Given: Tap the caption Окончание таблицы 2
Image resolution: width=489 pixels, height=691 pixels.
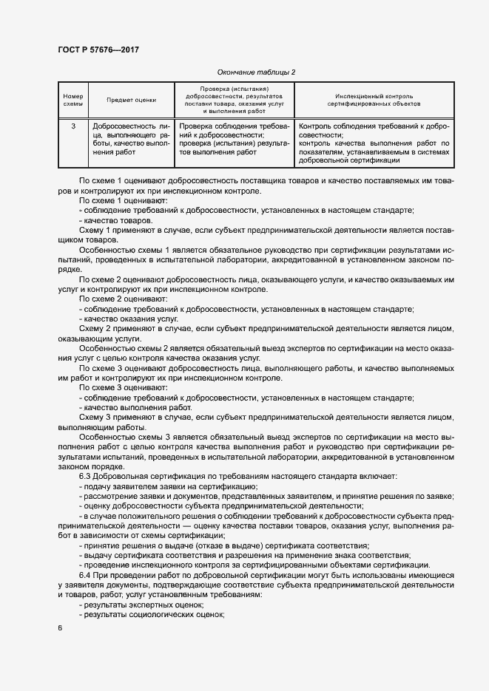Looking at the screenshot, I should pyautogui.click(x=256, y=72).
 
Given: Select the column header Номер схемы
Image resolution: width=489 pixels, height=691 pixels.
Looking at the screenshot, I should pyautogui.click(x=73, y=100).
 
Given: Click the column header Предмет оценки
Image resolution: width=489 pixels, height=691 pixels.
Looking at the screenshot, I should pyautogui.click(x=132, y=100).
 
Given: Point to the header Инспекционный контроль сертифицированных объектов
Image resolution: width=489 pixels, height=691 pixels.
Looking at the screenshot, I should pyautogui.click(x=374, y=100).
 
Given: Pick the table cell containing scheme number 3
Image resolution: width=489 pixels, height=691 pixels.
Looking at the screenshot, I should pyautogui.click(x=73, y=126).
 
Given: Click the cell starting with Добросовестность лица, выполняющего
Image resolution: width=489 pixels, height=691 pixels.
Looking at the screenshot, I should pyautogui.click(x=132, y=140).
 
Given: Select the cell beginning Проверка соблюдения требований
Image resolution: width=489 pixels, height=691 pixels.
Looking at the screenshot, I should pyautogui.click(x=233, y=140).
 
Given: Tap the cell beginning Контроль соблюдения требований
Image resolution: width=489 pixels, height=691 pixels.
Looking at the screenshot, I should pyautogui.click(x=374, y=143).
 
